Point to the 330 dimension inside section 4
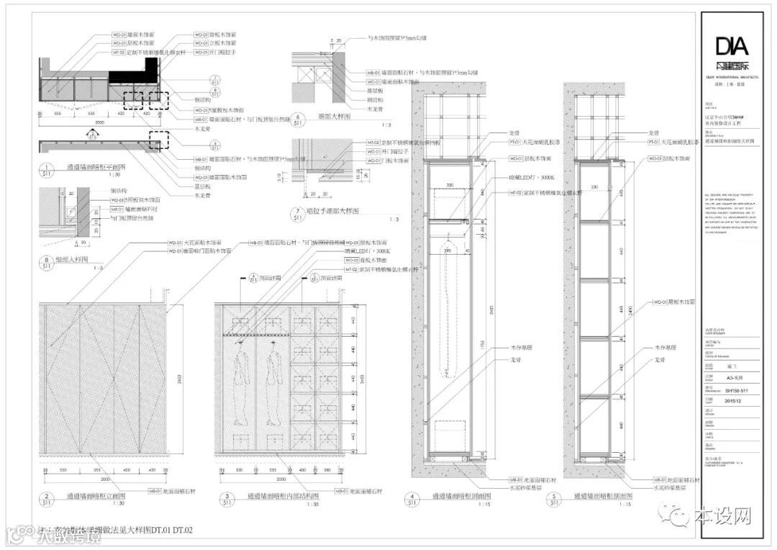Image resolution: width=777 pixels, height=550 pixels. point(449,185)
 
